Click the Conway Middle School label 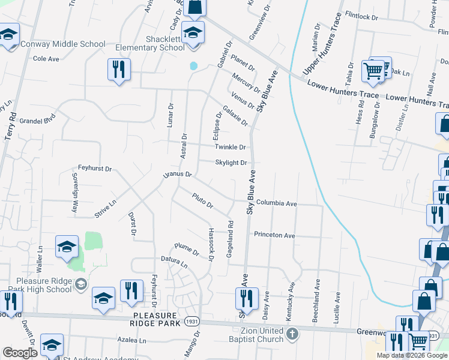(x=63, y=44)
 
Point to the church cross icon (x=292, y=334)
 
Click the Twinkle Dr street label (x=231, y=147)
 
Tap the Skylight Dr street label (x=231, y=163)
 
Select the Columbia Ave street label (x=277, y=204)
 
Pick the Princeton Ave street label (x=274, y=235)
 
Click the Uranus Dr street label (x=177, y=175)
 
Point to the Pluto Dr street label (x=203, y=200)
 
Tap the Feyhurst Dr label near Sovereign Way (x=95, y=169)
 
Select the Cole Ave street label (x=46, y=59)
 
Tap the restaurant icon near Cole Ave (x=119, y=69)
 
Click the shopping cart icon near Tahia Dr (x=373, y=71)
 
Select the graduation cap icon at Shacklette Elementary (x=193, y=32)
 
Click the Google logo (x=20, y=353)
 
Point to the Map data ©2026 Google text (x=412, y=355)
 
